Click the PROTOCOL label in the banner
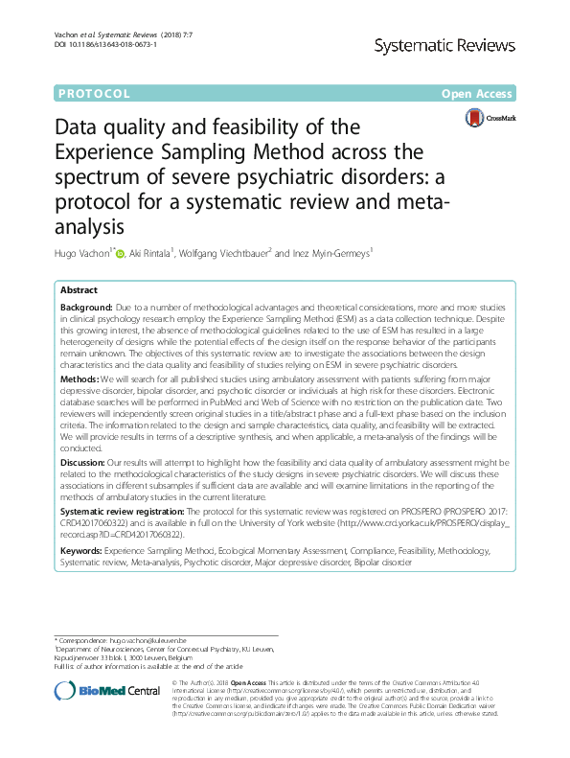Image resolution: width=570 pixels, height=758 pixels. (94, 94)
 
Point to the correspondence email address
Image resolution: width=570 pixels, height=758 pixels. (152, 638)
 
